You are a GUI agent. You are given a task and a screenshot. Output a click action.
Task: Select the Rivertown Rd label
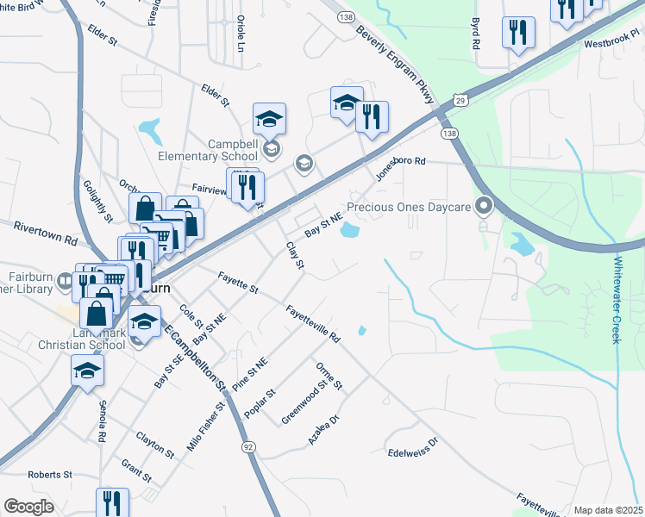(x=46, y=233)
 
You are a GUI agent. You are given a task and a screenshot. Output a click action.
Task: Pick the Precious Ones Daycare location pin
(x=484, y=206)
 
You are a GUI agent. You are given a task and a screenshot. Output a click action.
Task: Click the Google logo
(x=28, y=507)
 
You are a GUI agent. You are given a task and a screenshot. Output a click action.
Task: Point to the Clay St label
(x=295, y=255)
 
